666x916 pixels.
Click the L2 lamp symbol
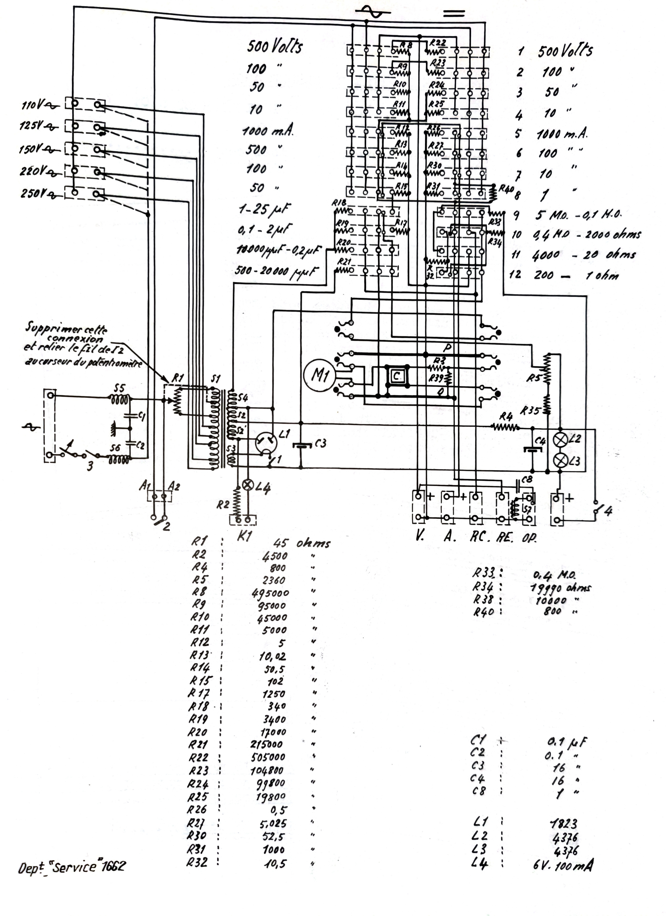point(561,440)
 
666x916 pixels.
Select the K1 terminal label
point(244,536)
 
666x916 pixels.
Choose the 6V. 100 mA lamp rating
point(563,865)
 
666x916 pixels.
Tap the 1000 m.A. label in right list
point(562,134)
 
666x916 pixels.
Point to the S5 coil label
point(119,388)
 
